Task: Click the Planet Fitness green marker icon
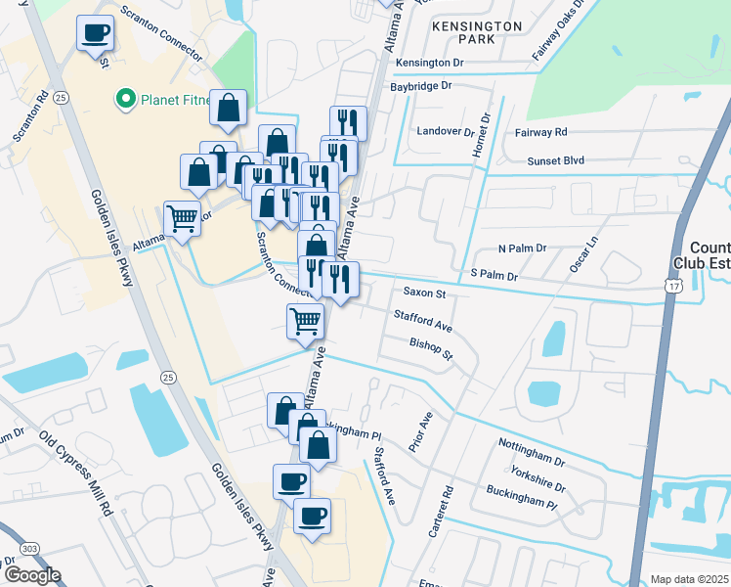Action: [x=125, y=98]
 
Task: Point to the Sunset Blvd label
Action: [x=555, y=161]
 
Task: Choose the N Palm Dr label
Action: [x=523, y=249]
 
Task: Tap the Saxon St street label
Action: [x=424, y=293]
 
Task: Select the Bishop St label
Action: [x=431, y=348]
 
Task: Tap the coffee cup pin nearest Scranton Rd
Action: [x=96, y=34]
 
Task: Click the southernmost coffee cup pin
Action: [x=312, y=516]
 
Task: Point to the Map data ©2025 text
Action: [x=689, y=579]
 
